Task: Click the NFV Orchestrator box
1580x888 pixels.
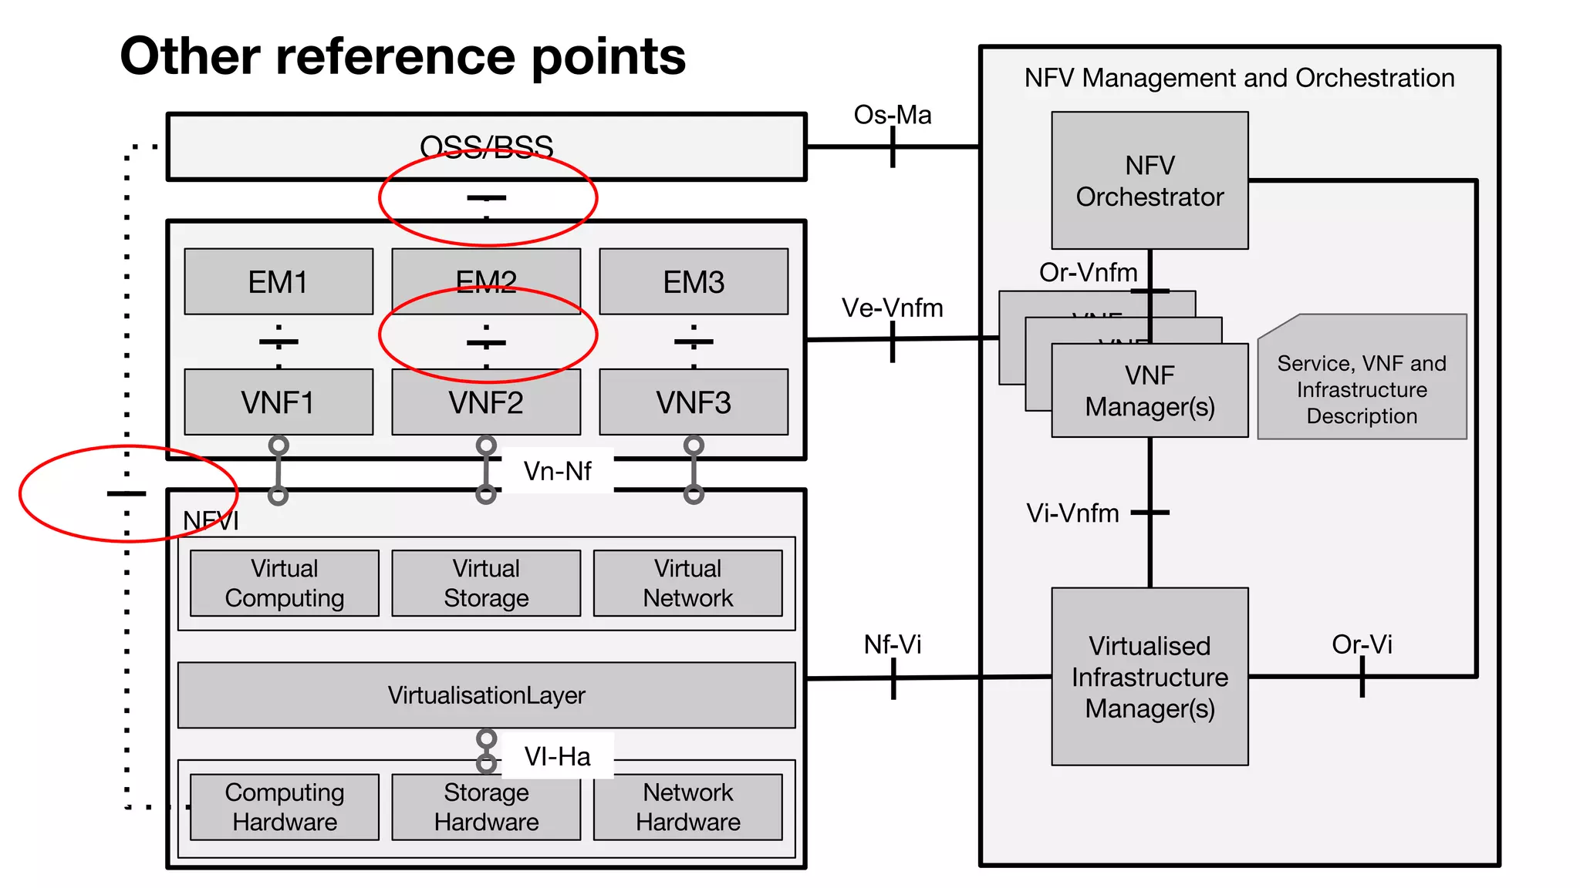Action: (x=1150, y=180)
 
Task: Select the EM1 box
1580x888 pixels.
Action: (x=279, y=281)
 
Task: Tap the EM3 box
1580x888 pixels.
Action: (x=694, y=281)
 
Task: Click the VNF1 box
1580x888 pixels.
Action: (x=279, y=402)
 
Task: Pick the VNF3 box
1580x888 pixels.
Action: (x=694, y=402)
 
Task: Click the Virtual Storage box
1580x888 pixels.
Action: (x=486, y=583)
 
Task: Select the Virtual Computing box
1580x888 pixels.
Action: (x=285, y=583)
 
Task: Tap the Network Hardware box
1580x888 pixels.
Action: (x=687, y=807)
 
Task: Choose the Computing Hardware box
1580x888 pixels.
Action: (x=285, y=807)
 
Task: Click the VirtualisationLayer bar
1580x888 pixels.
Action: (x=486, y=695)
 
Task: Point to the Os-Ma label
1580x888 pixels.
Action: (x=892, y=115)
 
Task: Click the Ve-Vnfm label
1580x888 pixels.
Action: (x=892, y=308)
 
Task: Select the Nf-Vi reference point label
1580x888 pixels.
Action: (x=892, y=644)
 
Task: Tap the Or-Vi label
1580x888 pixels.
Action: (x=1362, y=644)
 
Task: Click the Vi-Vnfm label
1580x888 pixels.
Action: (x=1072, y=513)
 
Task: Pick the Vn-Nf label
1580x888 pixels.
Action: (x=557, y=470)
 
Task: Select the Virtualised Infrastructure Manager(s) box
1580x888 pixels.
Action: (x=1150, y=676)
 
